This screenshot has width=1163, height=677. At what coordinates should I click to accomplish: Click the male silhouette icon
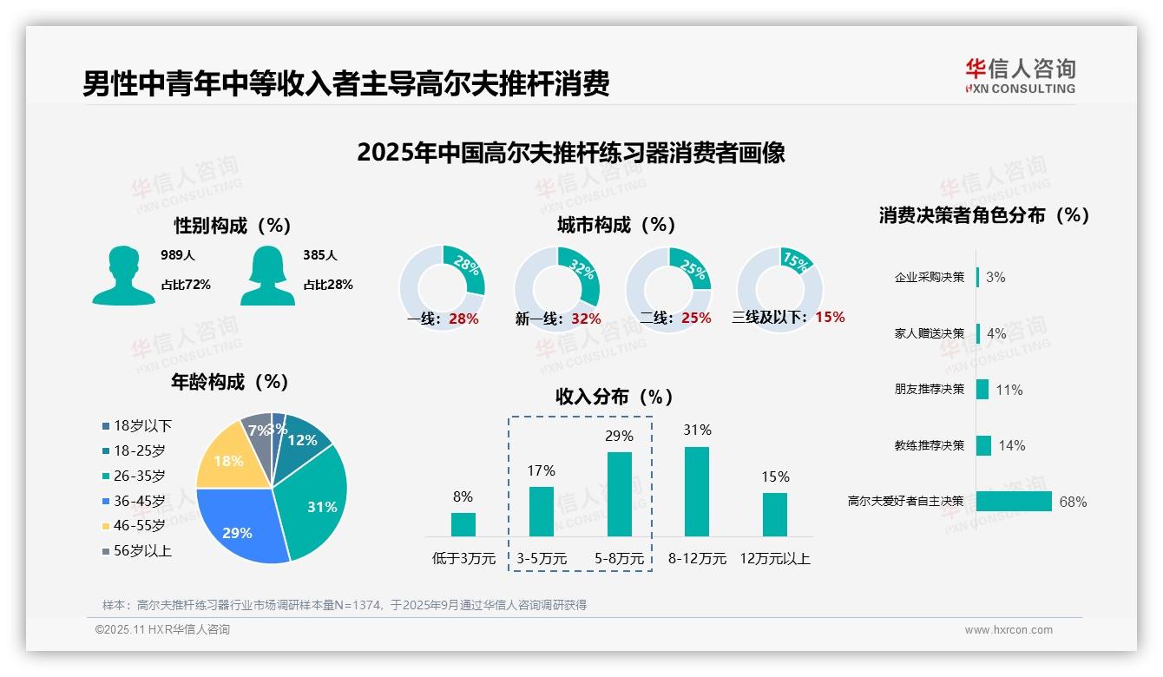click(x=123, y=275)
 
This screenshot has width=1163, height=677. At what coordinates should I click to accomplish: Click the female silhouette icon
click(x=267, y=275)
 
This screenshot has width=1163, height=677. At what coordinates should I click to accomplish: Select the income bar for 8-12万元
click(x=697, y=491)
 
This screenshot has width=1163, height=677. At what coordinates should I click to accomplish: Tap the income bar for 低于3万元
click(x=463, y=524)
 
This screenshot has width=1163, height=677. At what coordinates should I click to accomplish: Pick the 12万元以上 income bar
click(x=775, y=515)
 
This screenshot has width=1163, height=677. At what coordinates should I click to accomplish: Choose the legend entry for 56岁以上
click(x=136, y=551)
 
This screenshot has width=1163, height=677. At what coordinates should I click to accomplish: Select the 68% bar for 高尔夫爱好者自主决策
click(x=1014, y=502)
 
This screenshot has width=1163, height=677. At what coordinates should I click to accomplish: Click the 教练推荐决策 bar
click(x=983, y=445)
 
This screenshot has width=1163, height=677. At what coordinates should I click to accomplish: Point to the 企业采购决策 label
click(x=929, y=278)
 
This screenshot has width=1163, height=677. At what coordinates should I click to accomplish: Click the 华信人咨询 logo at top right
click(x=1020, y=76)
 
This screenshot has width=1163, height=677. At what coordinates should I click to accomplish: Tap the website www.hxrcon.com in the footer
click(x=1009, y=630)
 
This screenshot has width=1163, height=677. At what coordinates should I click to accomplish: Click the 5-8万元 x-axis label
click(x=619, y=559)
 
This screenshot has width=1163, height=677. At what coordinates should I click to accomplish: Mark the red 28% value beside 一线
click(x=463, y=319)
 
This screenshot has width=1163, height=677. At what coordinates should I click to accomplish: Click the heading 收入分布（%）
click(x=614, y=397)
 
